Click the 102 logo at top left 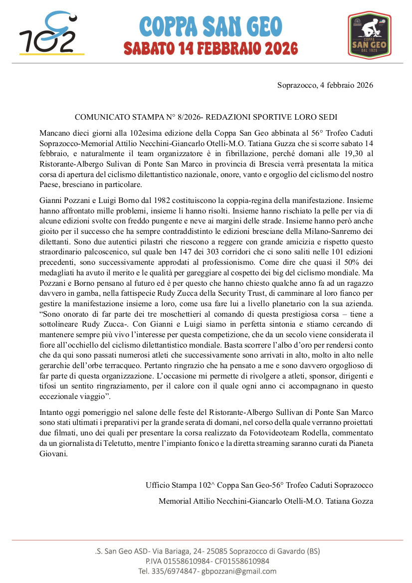click(x=51, y=34)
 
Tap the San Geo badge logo click(x=369, y=35)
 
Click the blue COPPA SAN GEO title click(x=211, y=26)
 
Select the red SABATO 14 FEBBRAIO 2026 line click(x=211, y=48)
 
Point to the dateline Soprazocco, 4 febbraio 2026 click(x=325, y=85)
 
